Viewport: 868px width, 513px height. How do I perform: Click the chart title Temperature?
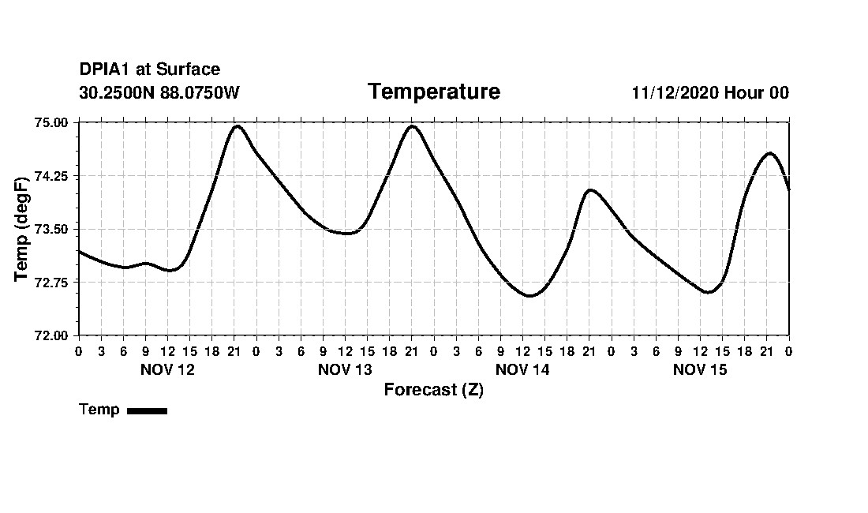click(x=433, y=92)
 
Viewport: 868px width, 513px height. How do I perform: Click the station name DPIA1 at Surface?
click(x=149, y=69)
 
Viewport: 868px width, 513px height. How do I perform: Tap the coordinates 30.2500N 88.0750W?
click(x=159, y=92)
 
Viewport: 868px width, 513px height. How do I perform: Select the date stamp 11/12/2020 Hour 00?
click(x=709, y=92)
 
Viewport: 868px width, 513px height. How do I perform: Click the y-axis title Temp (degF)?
click(x=23, y=229)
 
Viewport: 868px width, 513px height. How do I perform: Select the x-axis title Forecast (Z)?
click(x=433, y=389)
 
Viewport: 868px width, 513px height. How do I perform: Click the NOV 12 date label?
click(x=167, y=369)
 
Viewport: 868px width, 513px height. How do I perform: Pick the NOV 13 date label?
click(x=345, y=369)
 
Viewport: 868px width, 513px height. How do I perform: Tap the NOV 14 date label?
click(x=522, y=369)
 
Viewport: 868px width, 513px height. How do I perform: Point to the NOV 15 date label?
click(x=700, y=369)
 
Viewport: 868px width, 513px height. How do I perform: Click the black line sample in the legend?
click(x=147, y=410)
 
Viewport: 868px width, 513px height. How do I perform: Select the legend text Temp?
click(x=99, y=410)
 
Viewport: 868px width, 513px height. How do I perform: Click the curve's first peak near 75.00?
click(x=237, y=126)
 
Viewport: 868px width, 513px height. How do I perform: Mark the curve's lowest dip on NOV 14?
click(x=529, y=296)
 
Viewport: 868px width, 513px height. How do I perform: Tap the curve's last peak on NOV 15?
click(x=769, y=153)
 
